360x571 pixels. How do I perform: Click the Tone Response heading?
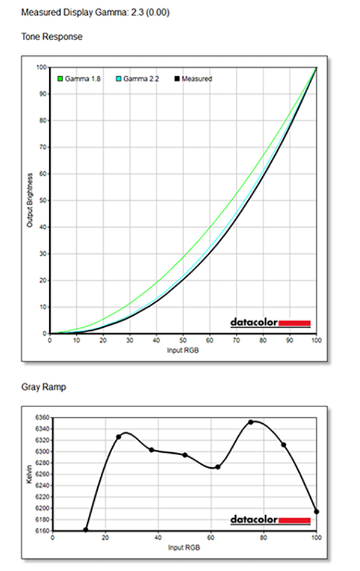(x=52, y=37)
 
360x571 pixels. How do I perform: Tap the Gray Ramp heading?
(x=43, y=387)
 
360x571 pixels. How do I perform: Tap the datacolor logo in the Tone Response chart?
(x=270, y=323)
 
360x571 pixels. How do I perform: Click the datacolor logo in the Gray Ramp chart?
(x=270, y=519)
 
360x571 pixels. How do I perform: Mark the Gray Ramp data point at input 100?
(x=316, y=512)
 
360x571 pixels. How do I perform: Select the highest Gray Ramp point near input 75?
(x=251, y=422)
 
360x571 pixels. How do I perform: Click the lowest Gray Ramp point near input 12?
(x=86, y=530)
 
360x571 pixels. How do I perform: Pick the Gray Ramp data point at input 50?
(x=185, y=455)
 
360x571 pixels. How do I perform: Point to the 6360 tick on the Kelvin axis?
(x=42, y=417)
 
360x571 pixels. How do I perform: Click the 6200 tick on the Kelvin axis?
(x=42, y=508)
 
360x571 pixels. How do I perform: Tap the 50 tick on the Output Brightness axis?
(x=44, y=200)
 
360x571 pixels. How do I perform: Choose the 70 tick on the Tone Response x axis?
(x=236, y=340)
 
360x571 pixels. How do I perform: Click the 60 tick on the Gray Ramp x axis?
(x=211, y=537)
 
